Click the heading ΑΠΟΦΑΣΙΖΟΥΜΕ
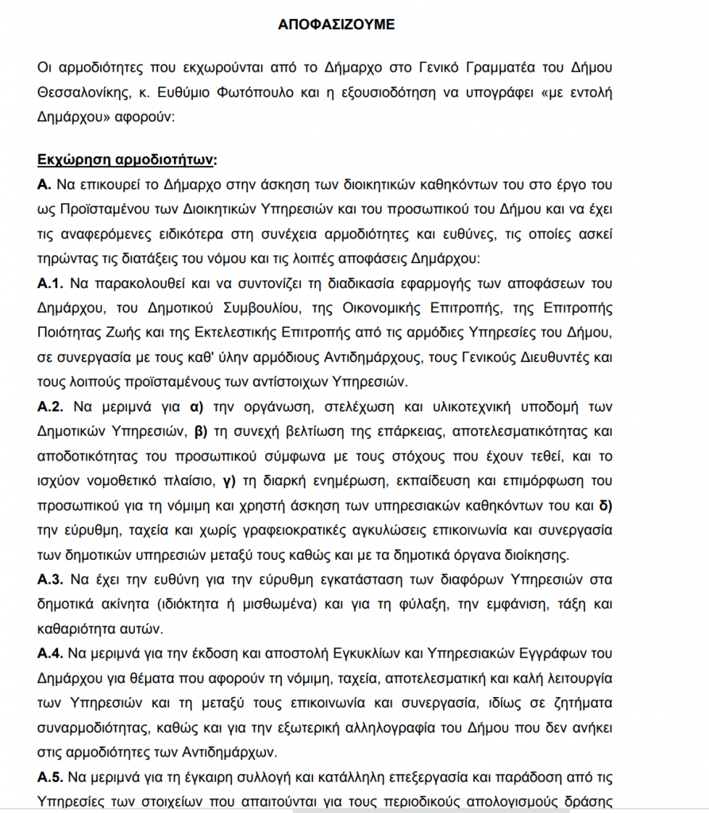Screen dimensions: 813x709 pos(336,25)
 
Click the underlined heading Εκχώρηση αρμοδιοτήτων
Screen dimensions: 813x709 pos(126,160)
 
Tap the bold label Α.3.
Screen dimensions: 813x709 pos(51,579)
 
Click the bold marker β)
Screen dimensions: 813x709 pos(202,432)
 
